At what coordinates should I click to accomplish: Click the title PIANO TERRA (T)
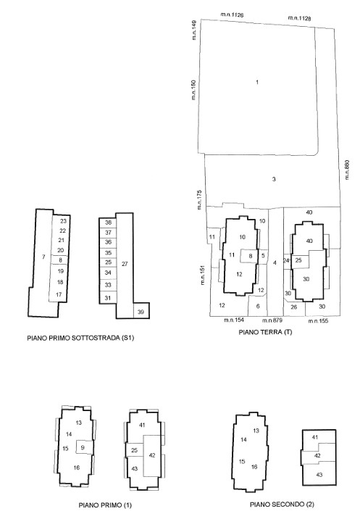click(265, 332)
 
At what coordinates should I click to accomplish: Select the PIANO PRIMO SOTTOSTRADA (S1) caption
click(80, 338)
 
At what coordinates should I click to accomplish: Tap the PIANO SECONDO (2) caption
click(282, 504)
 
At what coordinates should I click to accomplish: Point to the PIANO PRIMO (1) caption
click(105, 505)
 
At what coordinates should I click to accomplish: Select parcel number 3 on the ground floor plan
click(274, 179)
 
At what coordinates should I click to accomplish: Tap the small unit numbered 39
click(141, 311)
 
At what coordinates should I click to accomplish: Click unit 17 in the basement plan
click(58, 295)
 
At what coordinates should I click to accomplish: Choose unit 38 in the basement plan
click(108, 223)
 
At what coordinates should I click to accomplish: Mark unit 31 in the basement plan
click(108, 297)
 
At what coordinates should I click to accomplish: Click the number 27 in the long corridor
click(125, 264)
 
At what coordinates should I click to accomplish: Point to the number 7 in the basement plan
click(43, 257)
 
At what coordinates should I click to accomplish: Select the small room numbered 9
click(83, 447)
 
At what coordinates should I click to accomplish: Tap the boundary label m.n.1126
click(232, 14)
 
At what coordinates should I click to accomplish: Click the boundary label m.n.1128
click(299, 18)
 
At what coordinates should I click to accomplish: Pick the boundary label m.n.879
click(272, 320)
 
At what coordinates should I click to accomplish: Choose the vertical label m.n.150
click(193, 90)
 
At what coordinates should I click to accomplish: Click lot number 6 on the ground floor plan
click(258, 306)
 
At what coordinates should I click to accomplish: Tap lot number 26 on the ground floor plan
click(294, 307)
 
